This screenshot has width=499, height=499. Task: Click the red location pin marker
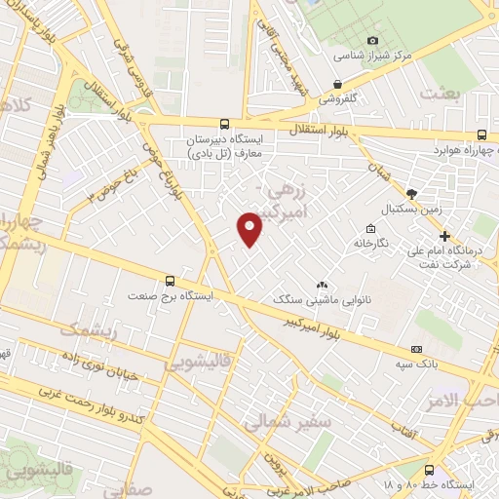tap(250, 228)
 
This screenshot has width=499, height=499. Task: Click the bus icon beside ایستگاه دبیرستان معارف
tap(225, 124)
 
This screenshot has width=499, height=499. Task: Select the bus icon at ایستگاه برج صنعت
tap(171, 282)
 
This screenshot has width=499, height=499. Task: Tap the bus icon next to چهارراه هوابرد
tap(482, 135)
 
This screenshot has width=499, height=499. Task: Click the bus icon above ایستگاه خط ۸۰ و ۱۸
tap(430, 467)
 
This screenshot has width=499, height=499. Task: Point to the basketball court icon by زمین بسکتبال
tap(411, 193)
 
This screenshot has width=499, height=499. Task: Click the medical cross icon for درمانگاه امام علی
tap(444, 235)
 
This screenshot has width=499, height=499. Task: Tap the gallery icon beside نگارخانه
tap(371, 227)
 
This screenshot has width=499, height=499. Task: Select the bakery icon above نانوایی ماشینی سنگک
tap(321, 285)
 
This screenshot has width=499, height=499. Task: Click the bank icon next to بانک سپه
tap(417, 349)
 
